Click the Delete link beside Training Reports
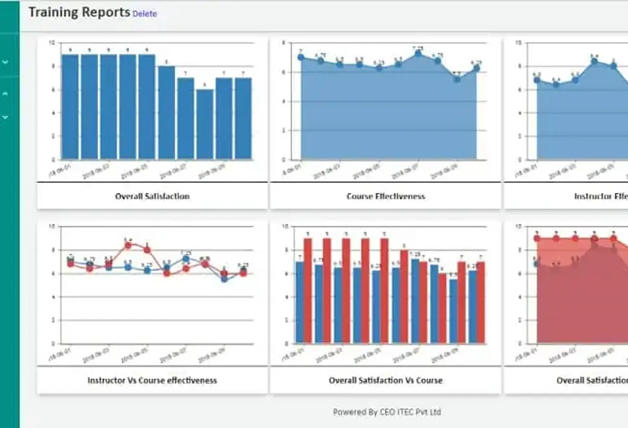click(x=145, y=14)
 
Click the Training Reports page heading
click(x=79, y=12)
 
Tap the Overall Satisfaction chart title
click(x=152, y=196)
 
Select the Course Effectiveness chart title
click(x=385, y=196)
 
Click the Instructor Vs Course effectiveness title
click(x=152, y=380)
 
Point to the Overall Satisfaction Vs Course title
click(x=385, y=380)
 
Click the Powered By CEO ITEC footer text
click(x=387, y=412)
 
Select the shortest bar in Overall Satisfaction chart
click(x=205, y=125)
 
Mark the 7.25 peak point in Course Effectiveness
click(x=418, y=53)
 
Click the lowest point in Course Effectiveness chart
click(x=457, y=79)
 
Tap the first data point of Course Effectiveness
click(x=301, y=57)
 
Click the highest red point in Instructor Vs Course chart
click(x=128, y=245)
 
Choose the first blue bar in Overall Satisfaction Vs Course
click(x=300, y=302)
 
